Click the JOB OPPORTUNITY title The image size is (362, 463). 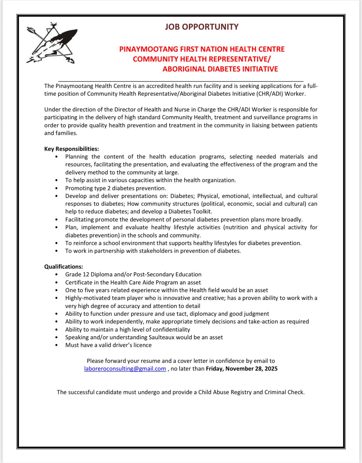point(201,27)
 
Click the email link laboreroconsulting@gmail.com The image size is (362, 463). point(125,369)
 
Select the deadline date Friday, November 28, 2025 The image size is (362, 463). point(242,369)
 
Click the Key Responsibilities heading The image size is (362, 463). point(72,149)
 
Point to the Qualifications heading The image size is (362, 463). point(64,267)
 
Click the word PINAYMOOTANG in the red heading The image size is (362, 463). point(149,49)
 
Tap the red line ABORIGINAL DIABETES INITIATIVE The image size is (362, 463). point(220,69)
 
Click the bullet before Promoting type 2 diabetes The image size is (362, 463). point(57,189)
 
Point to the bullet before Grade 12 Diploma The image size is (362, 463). point(57,274)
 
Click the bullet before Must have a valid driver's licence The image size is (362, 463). point(57,345)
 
